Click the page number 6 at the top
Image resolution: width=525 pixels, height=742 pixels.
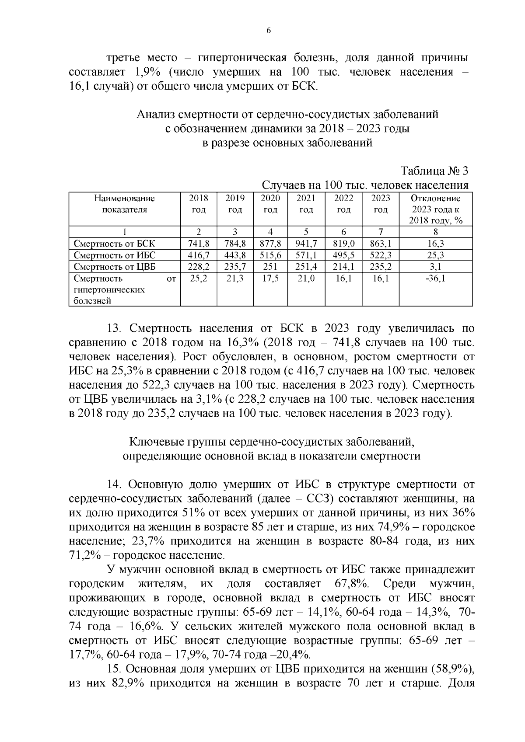point(269,30)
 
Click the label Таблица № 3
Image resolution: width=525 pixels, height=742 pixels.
point(434,171)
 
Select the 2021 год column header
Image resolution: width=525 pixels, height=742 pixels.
point(306,204)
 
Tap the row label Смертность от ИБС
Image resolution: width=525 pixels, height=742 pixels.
point(115,255)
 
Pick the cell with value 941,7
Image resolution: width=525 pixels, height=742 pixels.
point(306,244)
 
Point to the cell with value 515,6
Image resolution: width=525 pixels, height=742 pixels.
point(270,255)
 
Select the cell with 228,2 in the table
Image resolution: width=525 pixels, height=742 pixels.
point(199,267)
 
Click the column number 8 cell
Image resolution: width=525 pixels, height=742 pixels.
point(435,232)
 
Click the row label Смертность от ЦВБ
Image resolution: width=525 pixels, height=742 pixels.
point(115,267)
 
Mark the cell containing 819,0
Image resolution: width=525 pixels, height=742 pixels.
point(343,244)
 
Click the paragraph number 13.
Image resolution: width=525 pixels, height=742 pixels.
point(115,328)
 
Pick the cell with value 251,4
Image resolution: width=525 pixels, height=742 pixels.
point(306,267)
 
